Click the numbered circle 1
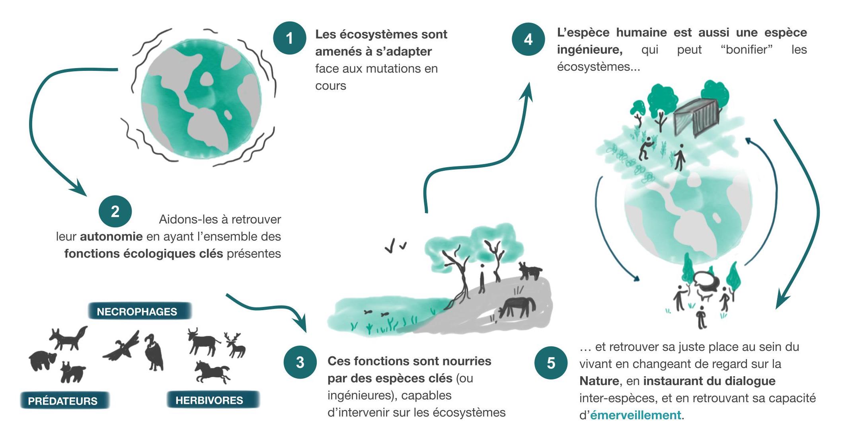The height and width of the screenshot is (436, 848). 289,38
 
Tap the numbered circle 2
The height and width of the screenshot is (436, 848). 115,211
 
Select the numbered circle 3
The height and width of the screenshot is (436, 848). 300,362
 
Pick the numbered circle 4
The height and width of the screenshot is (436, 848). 528,39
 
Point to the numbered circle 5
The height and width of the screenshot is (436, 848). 551,363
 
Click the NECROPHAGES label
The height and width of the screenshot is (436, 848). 137,311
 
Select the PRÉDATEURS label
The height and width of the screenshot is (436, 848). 63,401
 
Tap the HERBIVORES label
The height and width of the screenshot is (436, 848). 209,400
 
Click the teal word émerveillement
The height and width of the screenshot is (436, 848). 636,415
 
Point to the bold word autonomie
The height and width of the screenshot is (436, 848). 111,237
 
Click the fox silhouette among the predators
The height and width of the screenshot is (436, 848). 69,338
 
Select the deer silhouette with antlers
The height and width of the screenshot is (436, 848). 235,345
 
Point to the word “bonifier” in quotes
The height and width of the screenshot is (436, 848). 746,50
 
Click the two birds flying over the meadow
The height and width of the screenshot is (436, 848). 395,246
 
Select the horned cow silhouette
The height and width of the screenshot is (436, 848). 203,341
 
